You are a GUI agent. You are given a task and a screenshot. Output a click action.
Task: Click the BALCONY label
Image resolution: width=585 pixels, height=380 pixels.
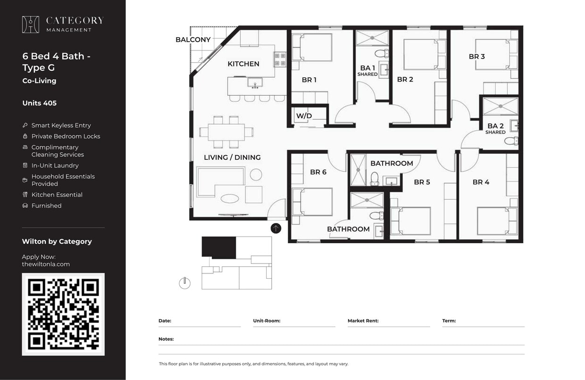193,40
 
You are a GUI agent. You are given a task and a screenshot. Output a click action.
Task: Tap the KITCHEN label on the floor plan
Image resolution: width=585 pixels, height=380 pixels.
243,64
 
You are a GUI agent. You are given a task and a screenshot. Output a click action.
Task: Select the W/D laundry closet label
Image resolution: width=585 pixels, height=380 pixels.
304,116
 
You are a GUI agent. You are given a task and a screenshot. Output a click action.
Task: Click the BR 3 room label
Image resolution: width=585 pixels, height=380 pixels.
476,57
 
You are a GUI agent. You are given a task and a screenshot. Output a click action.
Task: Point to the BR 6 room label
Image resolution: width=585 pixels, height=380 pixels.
318,172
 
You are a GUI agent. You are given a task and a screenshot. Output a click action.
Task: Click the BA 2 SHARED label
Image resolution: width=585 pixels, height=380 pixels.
495,128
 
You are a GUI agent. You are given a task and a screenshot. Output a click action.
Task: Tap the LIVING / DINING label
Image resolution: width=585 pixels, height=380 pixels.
232,157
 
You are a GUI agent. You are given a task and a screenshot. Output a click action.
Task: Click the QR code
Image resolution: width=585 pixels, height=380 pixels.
63,314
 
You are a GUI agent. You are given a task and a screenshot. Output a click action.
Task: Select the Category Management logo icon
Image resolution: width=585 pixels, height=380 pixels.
31,25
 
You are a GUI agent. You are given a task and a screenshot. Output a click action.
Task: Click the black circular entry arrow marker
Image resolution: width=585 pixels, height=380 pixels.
276,228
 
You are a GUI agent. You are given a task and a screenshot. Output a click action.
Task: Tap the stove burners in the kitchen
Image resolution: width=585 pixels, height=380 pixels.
280,59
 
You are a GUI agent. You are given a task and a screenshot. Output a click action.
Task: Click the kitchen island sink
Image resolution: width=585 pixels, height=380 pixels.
255,85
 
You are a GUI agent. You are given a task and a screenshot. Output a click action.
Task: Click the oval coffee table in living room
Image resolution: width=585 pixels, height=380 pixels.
230,198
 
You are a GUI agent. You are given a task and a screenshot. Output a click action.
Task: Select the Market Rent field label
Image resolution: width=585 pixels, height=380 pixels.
363,321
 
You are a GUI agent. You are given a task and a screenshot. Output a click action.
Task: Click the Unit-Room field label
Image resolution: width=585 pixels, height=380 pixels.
267,321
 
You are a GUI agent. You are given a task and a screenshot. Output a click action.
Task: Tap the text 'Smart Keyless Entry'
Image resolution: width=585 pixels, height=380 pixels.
61,125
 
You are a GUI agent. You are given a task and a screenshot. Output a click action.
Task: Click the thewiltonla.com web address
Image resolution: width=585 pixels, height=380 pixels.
46,264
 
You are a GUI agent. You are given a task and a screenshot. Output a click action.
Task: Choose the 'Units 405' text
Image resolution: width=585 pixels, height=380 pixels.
39,103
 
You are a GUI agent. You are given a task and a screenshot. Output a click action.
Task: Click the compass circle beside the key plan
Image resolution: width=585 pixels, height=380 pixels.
184,283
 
